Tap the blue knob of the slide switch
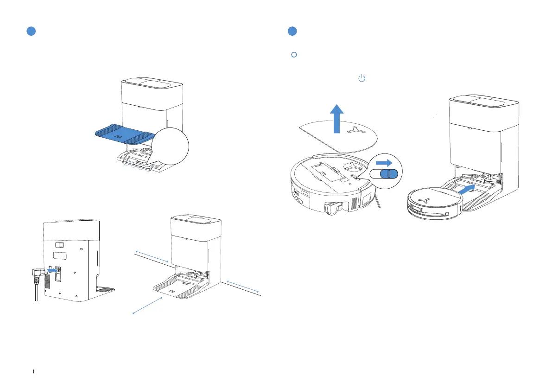click(x=390, y=174)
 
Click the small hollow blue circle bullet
click(x=293, y=55)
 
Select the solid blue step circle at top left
click(x=31, y=32)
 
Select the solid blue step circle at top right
click(x=292, y=32)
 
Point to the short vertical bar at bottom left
click(x=34, y=372)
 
